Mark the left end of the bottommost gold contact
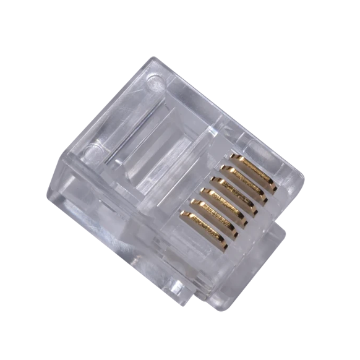coord(182,215)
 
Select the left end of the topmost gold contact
coord(232,157)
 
